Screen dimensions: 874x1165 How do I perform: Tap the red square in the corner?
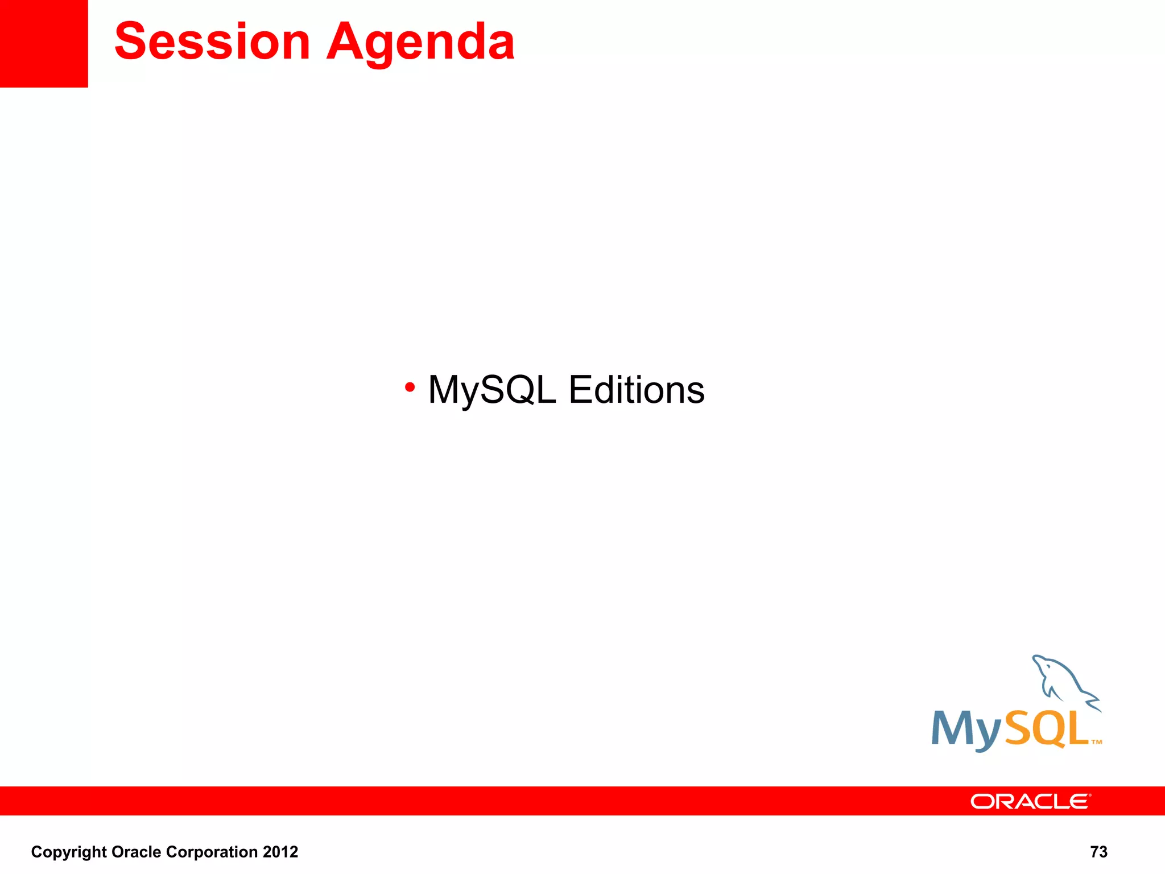click(44, 43)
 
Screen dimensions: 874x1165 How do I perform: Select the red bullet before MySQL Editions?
click(410, 387)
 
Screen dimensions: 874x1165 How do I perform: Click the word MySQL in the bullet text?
click(491, 390)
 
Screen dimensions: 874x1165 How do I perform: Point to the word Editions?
click(637, 390)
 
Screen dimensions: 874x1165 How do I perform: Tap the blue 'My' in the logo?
click(966, 730)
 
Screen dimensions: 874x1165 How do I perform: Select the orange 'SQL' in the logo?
click(1046, 728)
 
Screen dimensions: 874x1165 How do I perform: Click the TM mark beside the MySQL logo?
click(1097, 742)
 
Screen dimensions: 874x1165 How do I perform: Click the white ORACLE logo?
click(1030, 802)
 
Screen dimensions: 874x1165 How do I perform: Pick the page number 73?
click(1098, 852)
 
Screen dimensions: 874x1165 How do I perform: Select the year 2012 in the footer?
click(280, 852)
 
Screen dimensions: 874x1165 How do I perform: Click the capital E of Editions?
click(581, 390)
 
